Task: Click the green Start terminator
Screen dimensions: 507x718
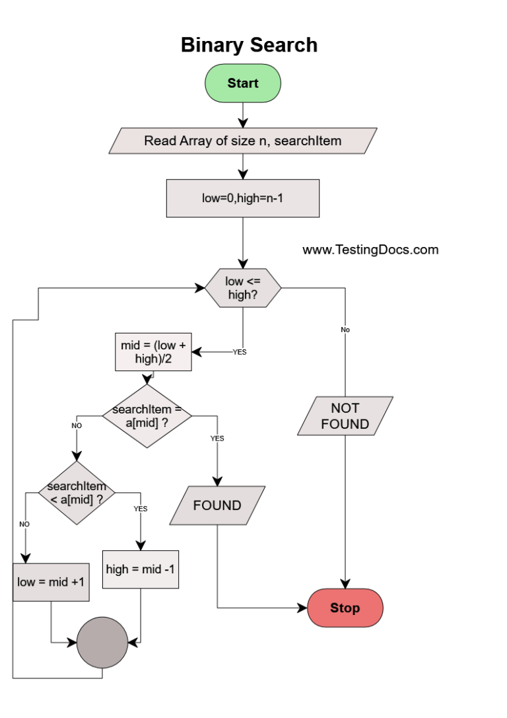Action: pos(242,83)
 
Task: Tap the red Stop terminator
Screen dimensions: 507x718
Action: pos(345,608)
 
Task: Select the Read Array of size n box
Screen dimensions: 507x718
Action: pos(242,141)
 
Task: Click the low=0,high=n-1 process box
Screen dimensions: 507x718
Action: pos(242,198)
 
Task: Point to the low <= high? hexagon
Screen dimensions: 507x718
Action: pos(242,288)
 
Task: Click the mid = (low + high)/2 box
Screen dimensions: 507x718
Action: pos(153,351)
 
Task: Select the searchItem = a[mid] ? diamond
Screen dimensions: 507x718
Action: pos(147,415)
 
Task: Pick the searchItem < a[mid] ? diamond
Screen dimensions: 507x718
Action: pos(77,493)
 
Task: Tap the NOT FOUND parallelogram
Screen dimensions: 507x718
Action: pos(345,415)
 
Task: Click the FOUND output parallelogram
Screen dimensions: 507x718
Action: pos(217,505)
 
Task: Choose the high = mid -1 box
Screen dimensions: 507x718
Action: pos(141,569)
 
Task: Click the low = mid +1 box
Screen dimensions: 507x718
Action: pos(51,582)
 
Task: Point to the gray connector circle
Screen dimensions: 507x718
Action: pos(102,643)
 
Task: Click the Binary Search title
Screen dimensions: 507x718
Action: pos(249,45)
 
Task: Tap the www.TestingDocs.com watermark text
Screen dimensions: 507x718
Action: pos(370,250)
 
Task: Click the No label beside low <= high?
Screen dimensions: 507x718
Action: pos(345,330)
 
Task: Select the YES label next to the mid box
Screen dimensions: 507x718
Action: pos(240,352)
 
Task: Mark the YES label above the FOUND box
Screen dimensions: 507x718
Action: pos(217,438)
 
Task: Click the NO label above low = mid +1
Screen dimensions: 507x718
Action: pos(24,524)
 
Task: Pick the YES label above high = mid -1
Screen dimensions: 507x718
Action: pos(141,509)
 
